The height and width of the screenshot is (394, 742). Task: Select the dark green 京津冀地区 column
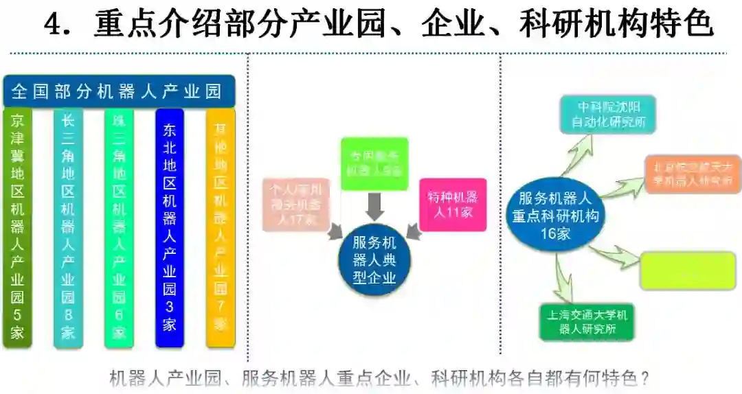(18, 227)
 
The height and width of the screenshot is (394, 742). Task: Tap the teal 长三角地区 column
(68, 227)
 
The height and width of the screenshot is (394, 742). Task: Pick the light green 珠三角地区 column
(119, 227)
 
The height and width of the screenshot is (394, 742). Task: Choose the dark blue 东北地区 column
(170, 227)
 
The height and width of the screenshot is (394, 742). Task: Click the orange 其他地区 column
(221, 227)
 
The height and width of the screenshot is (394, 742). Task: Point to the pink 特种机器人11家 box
(453, 205)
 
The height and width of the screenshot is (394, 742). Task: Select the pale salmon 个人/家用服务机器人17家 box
(296, 205)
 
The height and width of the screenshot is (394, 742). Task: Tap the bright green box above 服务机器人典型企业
(374, 164)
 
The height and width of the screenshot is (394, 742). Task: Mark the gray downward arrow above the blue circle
(374, 207)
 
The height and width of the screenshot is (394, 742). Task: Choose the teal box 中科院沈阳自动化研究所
(607, 115)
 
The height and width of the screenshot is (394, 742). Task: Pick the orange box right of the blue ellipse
(693, 174)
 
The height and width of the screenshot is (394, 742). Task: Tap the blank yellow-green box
(688, 270)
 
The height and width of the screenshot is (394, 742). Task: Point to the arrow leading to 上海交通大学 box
(565, 281)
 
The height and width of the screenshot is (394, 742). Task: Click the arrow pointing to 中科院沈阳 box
(578, 152)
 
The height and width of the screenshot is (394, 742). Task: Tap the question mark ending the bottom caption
(644, 378)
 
